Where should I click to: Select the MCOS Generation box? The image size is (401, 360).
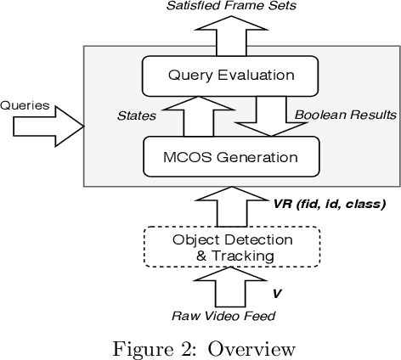click(231, 157)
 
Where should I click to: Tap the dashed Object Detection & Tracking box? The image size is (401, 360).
click(231, 246)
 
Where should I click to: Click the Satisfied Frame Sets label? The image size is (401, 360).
click(231, 8)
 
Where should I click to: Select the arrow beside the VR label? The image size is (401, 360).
click(230, 206)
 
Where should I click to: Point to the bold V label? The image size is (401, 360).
click(276, 293)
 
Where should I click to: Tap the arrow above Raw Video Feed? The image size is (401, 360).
click(232, 290)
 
